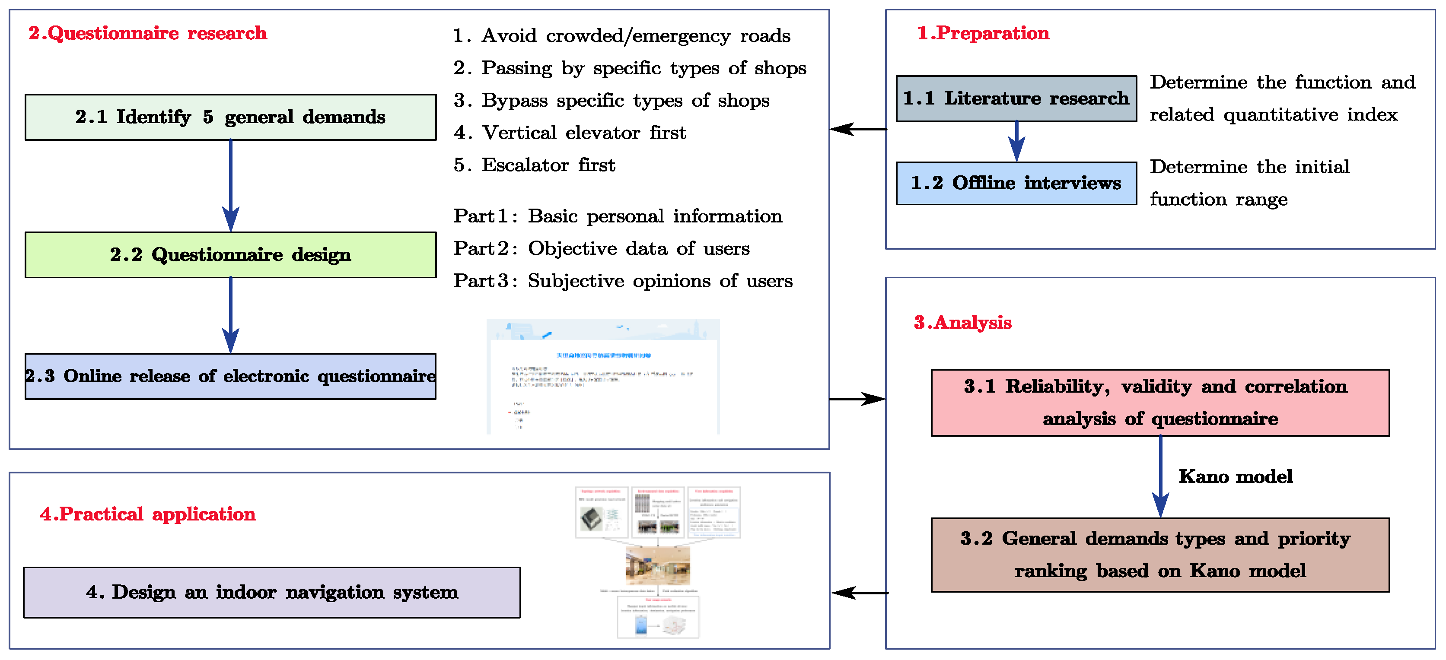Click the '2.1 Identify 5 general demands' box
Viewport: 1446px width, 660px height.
point(230,117)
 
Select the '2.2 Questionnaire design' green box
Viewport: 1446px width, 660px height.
point(230,255)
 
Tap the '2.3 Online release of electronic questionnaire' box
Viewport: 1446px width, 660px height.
point(230,376)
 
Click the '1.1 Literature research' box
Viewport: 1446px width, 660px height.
point(1016,99)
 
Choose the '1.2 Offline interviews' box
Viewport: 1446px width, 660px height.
point(1016,184)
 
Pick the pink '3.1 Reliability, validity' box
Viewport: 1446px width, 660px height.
point(1160,403)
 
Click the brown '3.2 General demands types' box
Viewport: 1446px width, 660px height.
point(1160,555)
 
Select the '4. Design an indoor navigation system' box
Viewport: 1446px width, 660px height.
point(272,592)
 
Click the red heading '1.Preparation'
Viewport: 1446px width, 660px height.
point(983,33)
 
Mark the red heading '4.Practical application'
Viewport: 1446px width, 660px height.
point(148,514)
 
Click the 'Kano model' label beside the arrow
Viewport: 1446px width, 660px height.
point(1235,476)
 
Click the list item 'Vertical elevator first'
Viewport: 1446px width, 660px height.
point(570,133)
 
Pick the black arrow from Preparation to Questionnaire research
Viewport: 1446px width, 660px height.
point(858,129)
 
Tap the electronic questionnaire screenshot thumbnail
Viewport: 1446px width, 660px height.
point(603,377)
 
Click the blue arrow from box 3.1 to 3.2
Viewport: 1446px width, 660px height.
point(1160,476)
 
